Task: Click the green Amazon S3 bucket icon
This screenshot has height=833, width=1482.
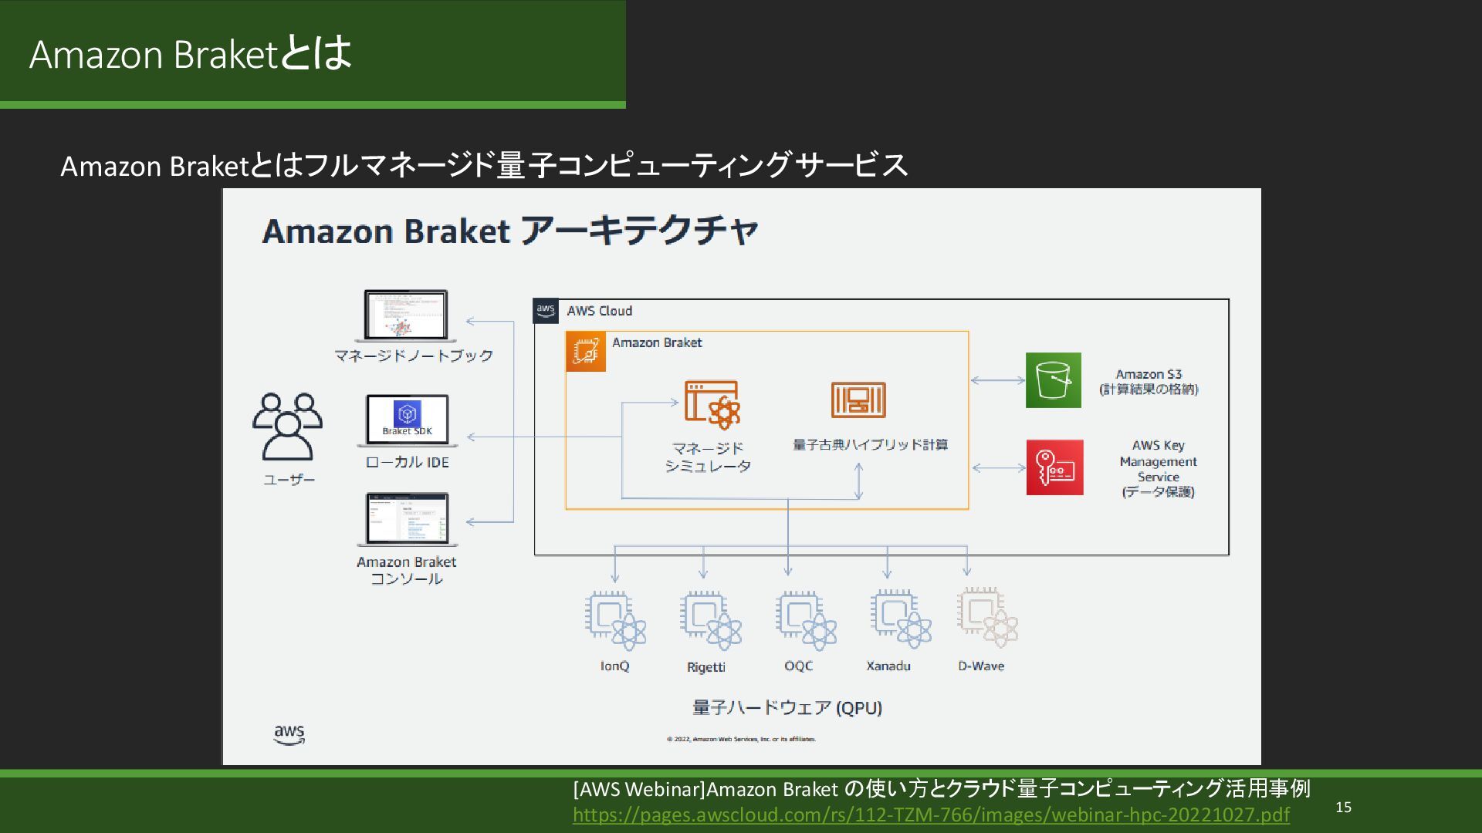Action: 1053,380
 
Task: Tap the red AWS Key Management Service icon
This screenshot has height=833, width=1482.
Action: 1054,467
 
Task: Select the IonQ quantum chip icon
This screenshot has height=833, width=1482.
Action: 615,620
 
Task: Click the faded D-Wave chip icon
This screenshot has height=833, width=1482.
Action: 987,619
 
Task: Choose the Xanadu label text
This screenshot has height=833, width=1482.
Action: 888,666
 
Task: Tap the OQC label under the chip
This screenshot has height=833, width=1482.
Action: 798,666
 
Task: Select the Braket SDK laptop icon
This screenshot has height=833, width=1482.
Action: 408,421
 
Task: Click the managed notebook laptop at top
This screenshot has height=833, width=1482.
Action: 405,315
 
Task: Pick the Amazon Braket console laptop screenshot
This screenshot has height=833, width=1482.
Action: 407,520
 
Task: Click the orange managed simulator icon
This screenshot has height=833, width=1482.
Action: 712,404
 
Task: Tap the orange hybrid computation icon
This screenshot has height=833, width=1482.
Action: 858,400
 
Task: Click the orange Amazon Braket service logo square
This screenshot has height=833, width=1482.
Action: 586,352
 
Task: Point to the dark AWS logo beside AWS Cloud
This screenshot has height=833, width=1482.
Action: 546,311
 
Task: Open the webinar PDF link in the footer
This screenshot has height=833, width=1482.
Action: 930,815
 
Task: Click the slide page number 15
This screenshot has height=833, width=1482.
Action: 1343,808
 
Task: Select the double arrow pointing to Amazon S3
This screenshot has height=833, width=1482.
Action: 997,380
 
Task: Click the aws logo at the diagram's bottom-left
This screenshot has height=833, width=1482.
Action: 289,734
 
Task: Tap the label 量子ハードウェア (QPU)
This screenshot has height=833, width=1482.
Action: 787,708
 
